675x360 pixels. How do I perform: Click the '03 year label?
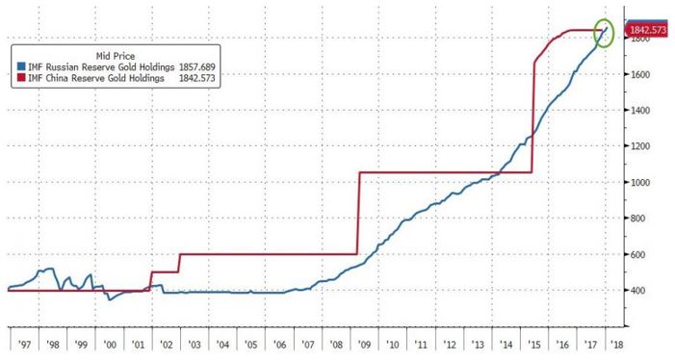[195, 344]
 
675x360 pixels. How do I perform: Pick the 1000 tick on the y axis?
[640, 182]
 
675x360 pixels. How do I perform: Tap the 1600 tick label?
[640, 74]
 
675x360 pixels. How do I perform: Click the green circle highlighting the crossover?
[606, 36]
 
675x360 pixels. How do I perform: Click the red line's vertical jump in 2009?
[358, 212]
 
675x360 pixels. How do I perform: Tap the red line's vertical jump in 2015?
[532, 116]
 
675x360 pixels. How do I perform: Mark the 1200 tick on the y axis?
[640, 146]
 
